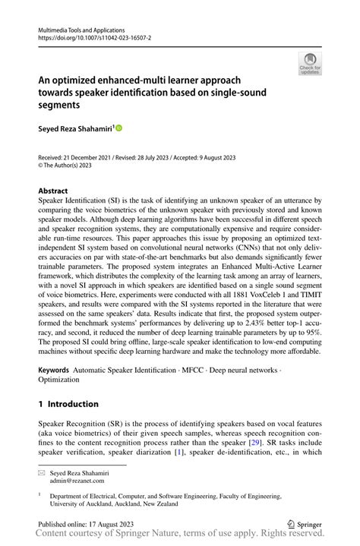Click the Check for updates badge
310,64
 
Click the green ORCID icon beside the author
119,128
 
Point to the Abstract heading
52,191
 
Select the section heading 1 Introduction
68,404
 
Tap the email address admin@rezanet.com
80,481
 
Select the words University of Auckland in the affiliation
83,503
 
